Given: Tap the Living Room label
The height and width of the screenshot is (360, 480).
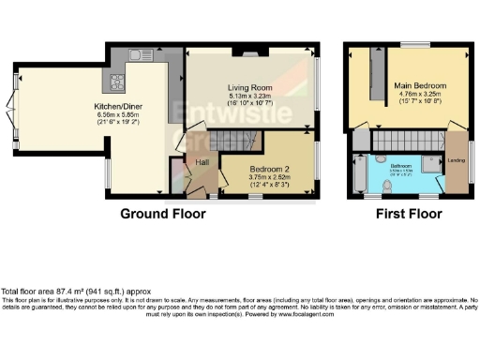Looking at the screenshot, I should (249, 88).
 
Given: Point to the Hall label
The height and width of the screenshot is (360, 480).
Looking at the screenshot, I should (202, 162).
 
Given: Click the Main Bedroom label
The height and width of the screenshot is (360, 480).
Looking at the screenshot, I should (421, 86).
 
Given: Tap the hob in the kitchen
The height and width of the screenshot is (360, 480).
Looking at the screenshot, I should (121, 82).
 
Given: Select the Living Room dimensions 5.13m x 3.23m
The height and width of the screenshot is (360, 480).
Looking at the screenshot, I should (248, 97).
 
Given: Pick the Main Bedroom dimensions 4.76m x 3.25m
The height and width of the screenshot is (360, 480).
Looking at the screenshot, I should (421, 95).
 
